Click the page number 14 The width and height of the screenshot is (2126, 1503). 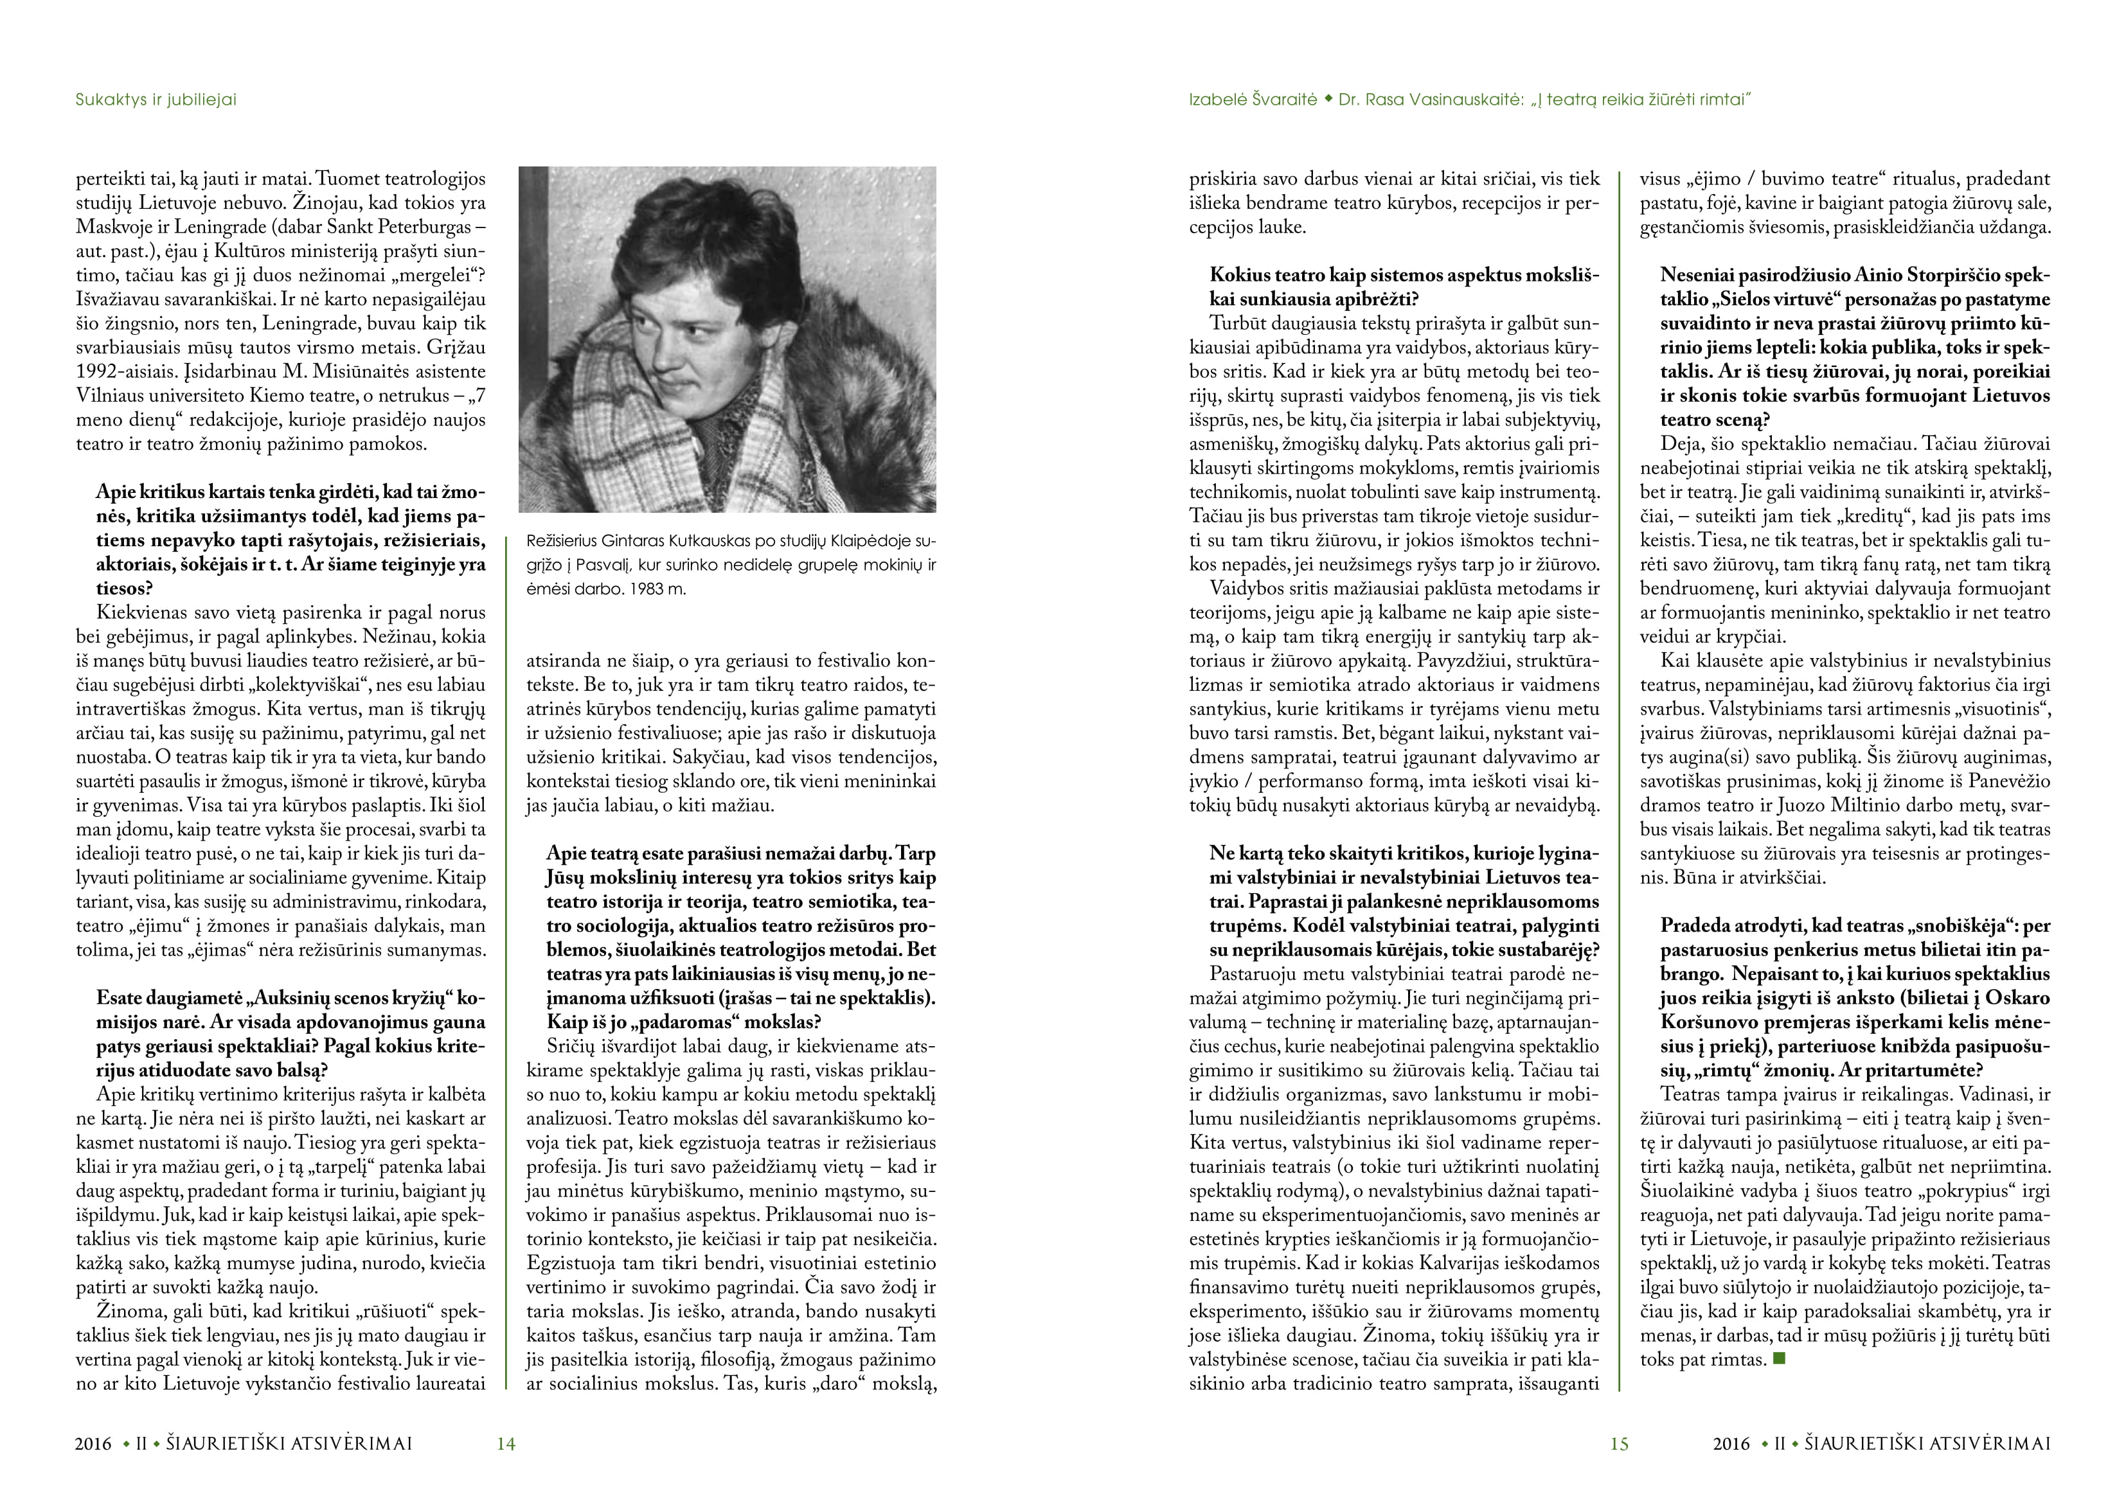(506, 1443)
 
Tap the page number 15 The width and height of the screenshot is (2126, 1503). (1618, 1443)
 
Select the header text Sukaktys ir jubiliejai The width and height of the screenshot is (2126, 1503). (156, 99)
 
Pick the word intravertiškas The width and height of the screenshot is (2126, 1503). (133, 708)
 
